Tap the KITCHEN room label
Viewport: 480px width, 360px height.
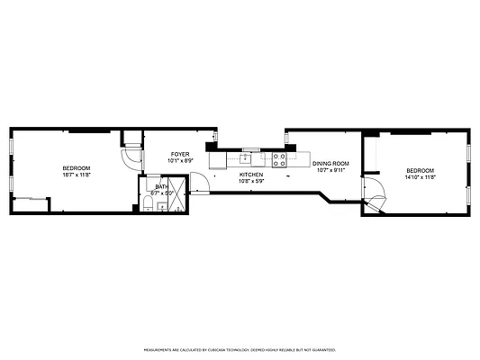coord(251,174)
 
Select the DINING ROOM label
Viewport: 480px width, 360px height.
coord(331,163)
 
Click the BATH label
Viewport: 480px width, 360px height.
coord(161,186)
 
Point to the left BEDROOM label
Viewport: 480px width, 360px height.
coord(76,168)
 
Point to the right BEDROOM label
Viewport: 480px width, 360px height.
coord(420,171)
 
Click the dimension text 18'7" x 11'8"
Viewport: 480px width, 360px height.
coord(76,175)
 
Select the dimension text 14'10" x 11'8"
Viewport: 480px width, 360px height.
coord(420,177)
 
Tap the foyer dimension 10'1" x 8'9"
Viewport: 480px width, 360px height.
coord(180,161)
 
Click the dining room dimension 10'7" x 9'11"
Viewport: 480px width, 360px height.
coord(331,169)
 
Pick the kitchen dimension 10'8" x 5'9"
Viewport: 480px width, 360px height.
coord(251,180)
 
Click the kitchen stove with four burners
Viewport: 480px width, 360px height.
coord(279,160)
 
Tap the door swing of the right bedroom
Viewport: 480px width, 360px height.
coord(371,196)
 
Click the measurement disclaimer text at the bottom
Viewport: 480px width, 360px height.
coord(240,349)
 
